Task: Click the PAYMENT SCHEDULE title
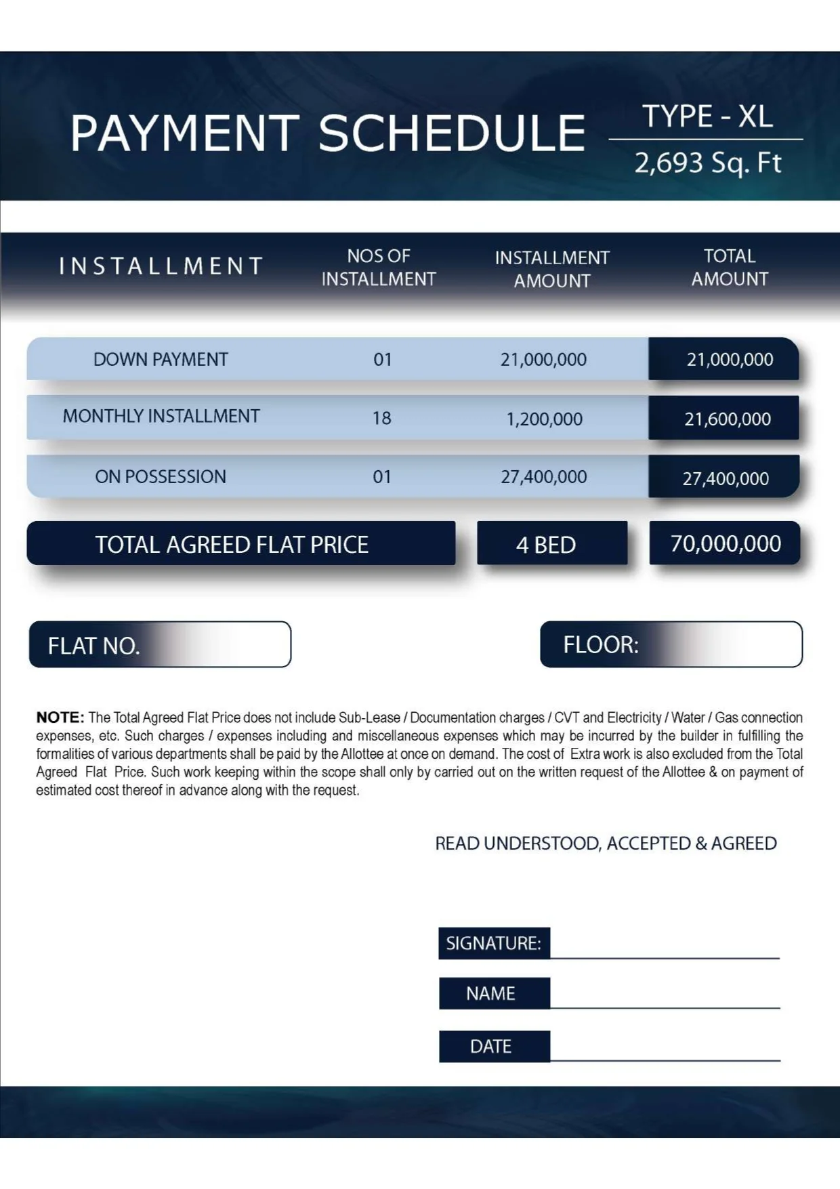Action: (x=328, y=133)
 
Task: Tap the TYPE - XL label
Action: (x=707, y=117)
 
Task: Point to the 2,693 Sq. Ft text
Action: (x=707, y=163)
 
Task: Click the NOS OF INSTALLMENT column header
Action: (x=378, y=268)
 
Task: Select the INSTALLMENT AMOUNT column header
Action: (x=552, y=269)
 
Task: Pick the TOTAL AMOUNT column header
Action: (x=730, y=268)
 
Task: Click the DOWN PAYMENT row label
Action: (x=161, y=360)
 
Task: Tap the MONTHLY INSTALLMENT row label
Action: (x=161, y=416)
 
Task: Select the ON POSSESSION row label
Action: (x=161, y=477)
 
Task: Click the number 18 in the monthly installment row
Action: (x=382, y=418)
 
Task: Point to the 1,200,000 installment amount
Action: (x=544, y=419)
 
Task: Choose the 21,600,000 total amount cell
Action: (x=727, y=419)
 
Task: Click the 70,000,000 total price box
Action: (x=725, y=543)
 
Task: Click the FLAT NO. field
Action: (x=160, y=645)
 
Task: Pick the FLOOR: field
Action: (x=671, y=644)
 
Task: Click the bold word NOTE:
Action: (x=60, y=717)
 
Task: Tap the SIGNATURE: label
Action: (x=494, y=943)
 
